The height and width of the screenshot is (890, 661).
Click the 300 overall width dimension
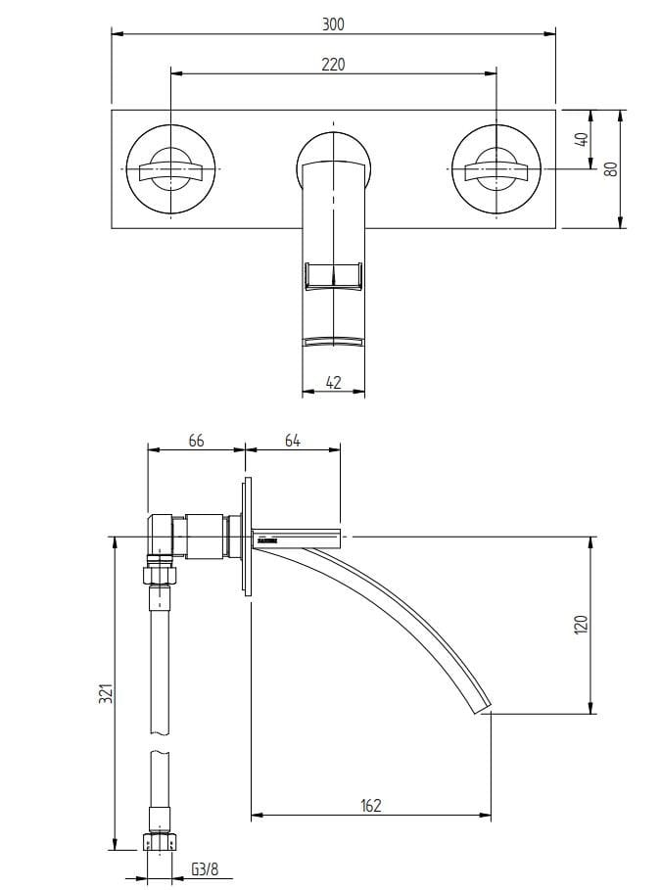(333, 24)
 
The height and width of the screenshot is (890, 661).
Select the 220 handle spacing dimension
(333, 65)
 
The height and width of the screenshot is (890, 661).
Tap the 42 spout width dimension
(333, 383)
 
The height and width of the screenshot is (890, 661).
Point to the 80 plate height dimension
(610, 167)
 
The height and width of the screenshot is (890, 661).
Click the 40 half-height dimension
(580, 139)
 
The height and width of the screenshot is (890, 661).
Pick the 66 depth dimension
(196, 440)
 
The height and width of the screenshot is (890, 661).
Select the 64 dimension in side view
(292, 440)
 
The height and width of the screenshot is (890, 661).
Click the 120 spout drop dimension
(579, 624)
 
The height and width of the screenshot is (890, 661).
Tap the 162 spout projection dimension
(371, 805)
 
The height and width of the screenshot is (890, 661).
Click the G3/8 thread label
(204, 868)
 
